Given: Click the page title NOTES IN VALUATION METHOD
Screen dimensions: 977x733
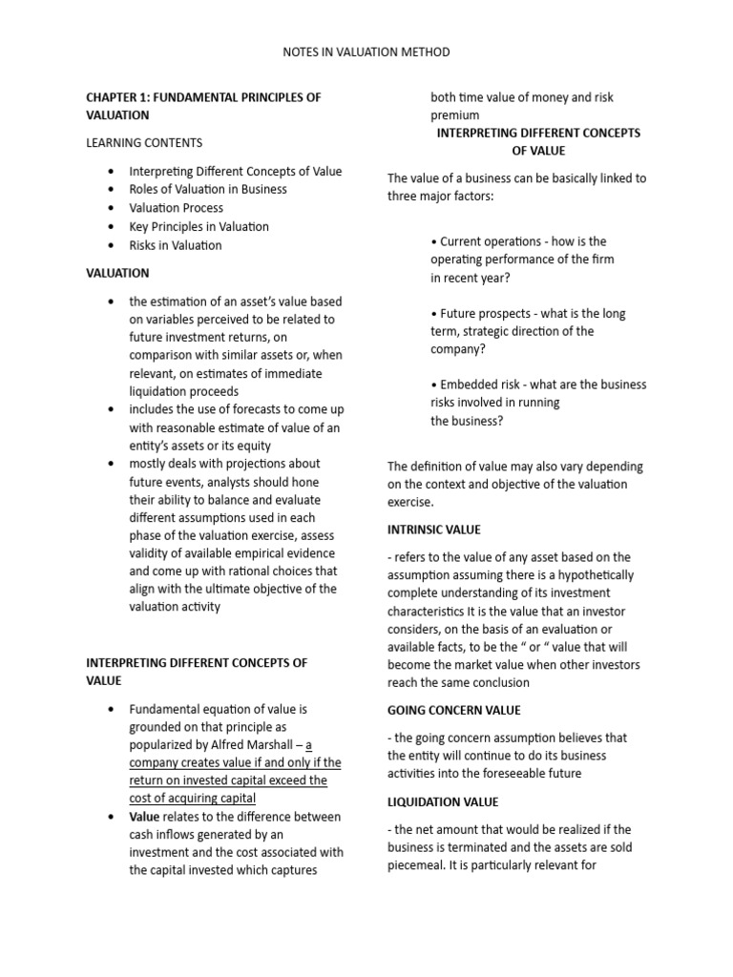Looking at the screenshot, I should coord(366,52).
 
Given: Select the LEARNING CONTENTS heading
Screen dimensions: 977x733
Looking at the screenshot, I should coord(144,143).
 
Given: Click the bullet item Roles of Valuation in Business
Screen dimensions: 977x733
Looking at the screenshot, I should coord(208,189).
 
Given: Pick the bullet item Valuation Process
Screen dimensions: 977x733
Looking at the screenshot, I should coord(177,208).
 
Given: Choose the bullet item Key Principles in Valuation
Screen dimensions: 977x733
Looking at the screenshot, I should coord(199,227).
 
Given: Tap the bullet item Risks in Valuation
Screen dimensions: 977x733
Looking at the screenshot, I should coord(176,245).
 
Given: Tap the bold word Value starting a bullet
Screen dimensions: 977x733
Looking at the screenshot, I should coord(144,817).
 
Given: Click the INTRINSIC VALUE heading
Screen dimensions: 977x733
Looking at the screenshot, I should coord(434,530).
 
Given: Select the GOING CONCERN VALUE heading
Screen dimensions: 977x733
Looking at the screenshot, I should coord(453,711).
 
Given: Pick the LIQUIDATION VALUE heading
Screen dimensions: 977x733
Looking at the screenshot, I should coord(443,802).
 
